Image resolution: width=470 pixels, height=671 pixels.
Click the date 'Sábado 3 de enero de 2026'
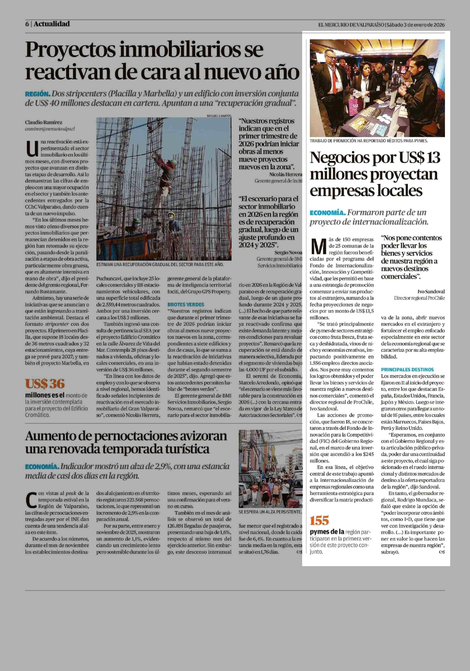416,25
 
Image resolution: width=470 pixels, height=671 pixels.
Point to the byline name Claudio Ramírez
44,122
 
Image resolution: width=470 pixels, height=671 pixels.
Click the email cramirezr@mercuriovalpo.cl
50,129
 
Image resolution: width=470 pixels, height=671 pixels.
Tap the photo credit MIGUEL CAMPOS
219,116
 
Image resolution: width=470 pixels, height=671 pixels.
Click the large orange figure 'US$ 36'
45,384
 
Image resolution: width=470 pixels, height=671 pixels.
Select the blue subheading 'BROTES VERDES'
186,304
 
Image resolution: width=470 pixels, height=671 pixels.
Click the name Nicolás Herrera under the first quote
286,174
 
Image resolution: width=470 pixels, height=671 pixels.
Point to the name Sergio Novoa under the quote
288,252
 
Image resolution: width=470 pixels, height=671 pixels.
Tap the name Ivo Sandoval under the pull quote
431,291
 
